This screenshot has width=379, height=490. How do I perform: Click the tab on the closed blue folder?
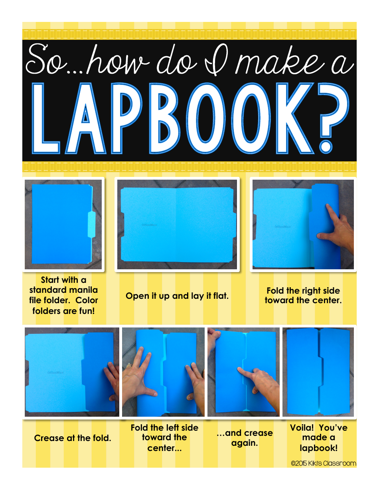[x=91, y=224]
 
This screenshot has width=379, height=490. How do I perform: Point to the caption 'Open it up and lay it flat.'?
[x=177, y=296]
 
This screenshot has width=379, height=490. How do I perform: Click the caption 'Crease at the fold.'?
[x=73, y=438]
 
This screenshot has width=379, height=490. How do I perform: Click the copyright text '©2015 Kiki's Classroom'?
[x=324, y=463]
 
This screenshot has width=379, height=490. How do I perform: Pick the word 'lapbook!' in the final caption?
[x=319, y=448]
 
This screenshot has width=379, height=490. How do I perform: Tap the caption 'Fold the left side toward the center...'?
[x=164, y=438]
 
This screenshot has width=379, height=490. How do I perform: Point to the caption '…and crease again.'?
[x=245, y=438]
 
